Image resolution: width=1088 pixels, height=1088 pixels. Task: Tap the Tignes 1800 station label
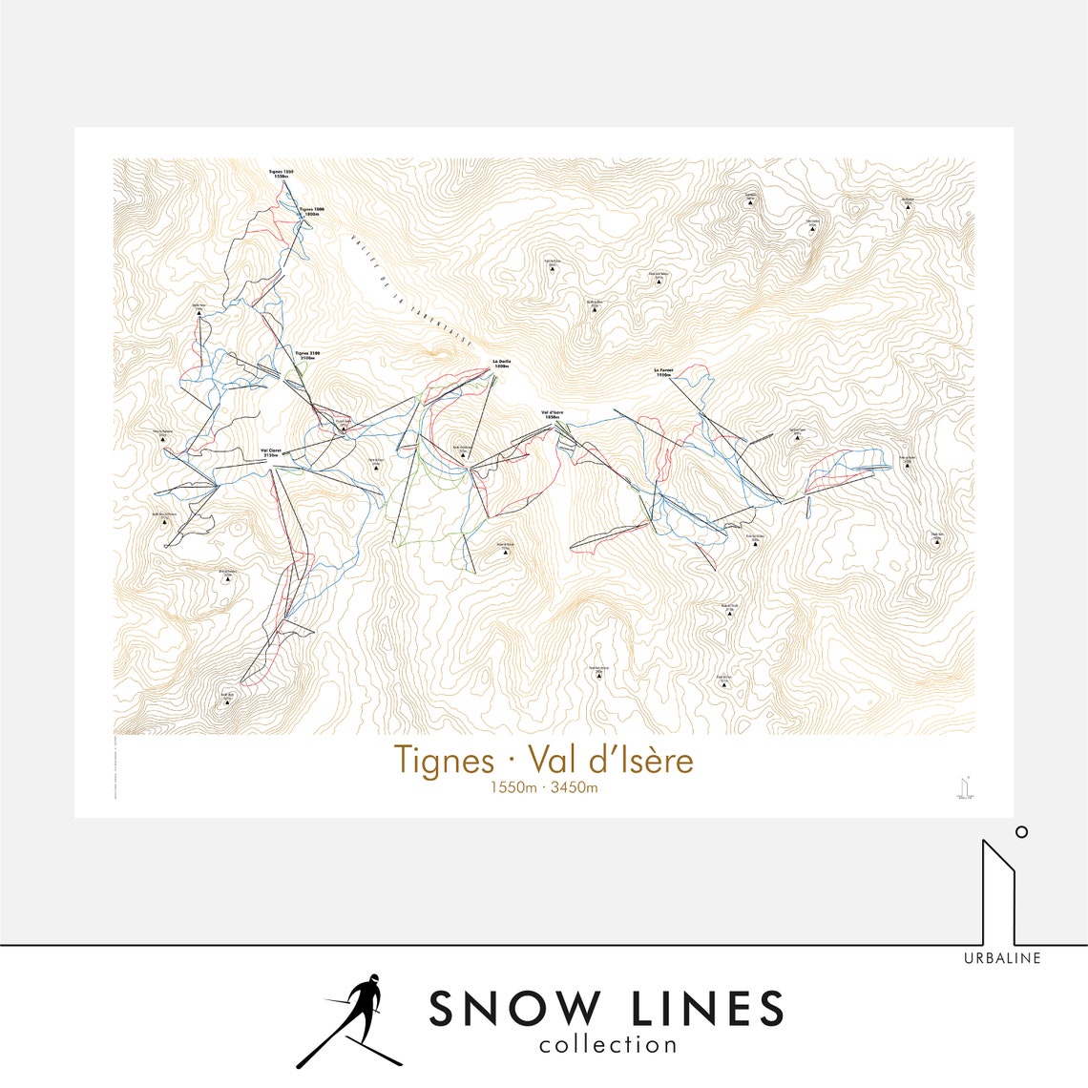click(x=312, y=211)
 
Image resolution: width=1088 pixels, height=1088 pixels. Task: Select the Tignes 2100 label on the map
click(x=307, y=354)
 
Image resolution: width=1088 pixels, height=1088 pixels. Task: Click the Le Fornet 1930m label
click(x=664, y=372)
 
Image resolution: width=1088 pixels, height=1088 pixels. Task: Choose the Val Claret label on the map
click(x=270, y=452)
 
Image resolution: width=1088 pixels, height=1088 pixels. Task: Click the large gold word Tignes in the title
click(x=444, y=761)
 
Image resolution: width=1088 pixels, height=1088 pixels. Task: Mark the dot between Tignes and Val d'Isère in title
click(x=512, y=762)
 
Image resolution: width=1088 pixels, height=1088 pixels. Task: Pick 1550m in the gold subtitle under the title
click(x=513, y=787)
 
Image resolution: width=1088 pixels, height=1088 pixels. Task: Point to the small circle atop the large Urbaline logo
click(x=1021, y=831)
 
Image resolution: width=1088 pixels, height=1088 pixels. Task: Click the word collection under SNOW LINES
click(x=608, y=1045)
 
